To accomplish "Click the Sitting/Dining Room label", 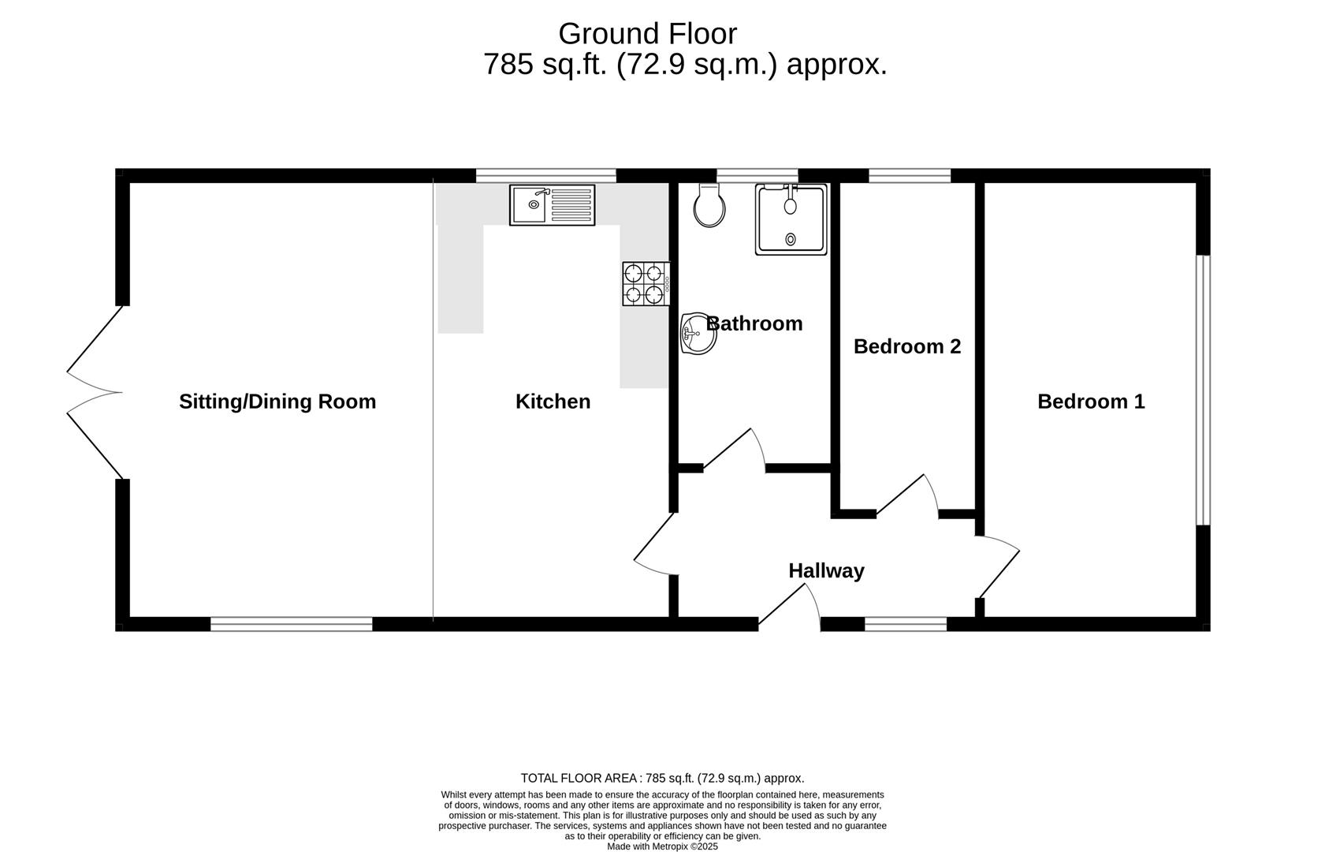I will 277,402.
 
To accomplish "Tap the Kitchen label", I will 553,402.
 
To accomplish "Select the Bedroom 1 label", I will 1091,402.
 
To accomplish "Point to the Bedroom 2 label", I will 906,346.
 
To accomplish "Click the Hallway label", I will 826,570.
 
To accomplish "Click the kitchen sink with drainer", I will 552,205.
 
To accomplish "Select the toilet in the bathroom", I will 709,206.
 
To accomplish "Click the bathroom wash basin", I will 698,334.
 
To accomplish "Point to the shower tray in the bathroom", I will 791,219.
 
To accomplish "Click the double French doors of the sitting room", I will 95,392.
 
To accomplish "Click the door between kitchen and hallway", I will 654,544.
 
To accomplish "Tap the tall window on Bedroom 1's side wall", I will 1202,389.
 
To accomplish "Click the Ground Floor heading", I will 647,34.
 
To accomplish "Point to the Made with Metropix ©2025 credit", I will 662,846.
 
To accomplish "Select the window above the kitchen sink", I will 545,175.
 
